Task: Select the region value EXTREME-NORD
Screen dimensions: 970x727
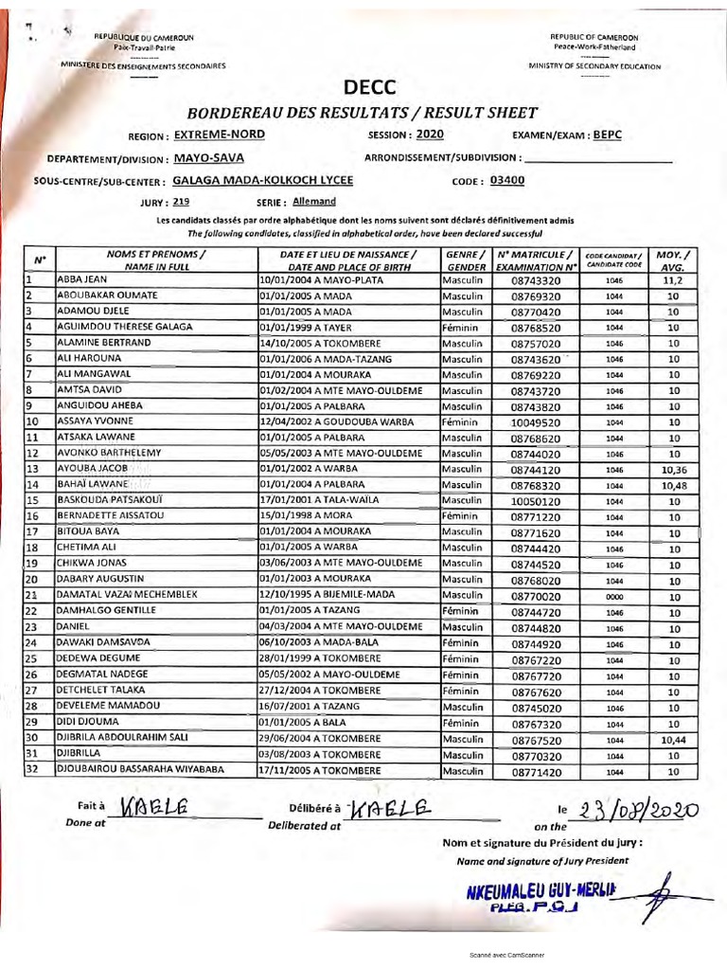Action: click(x=220, y=135)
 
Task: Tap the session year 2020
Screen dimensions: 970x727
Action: click(x=430, y=135)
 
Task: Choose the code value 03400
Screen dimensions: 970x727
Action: click(x=508, y=179)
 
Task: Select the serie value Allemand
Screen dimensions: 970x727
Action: click(x=313, y=201)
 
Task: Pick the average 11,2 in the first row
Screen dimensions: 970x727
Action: click(x=672, y=281)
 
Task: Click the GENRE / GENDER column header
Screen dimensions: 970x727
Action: click(x=466, y=260)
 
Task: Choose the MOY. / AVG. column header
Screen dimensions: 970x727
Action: click(x=672, y=260)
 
